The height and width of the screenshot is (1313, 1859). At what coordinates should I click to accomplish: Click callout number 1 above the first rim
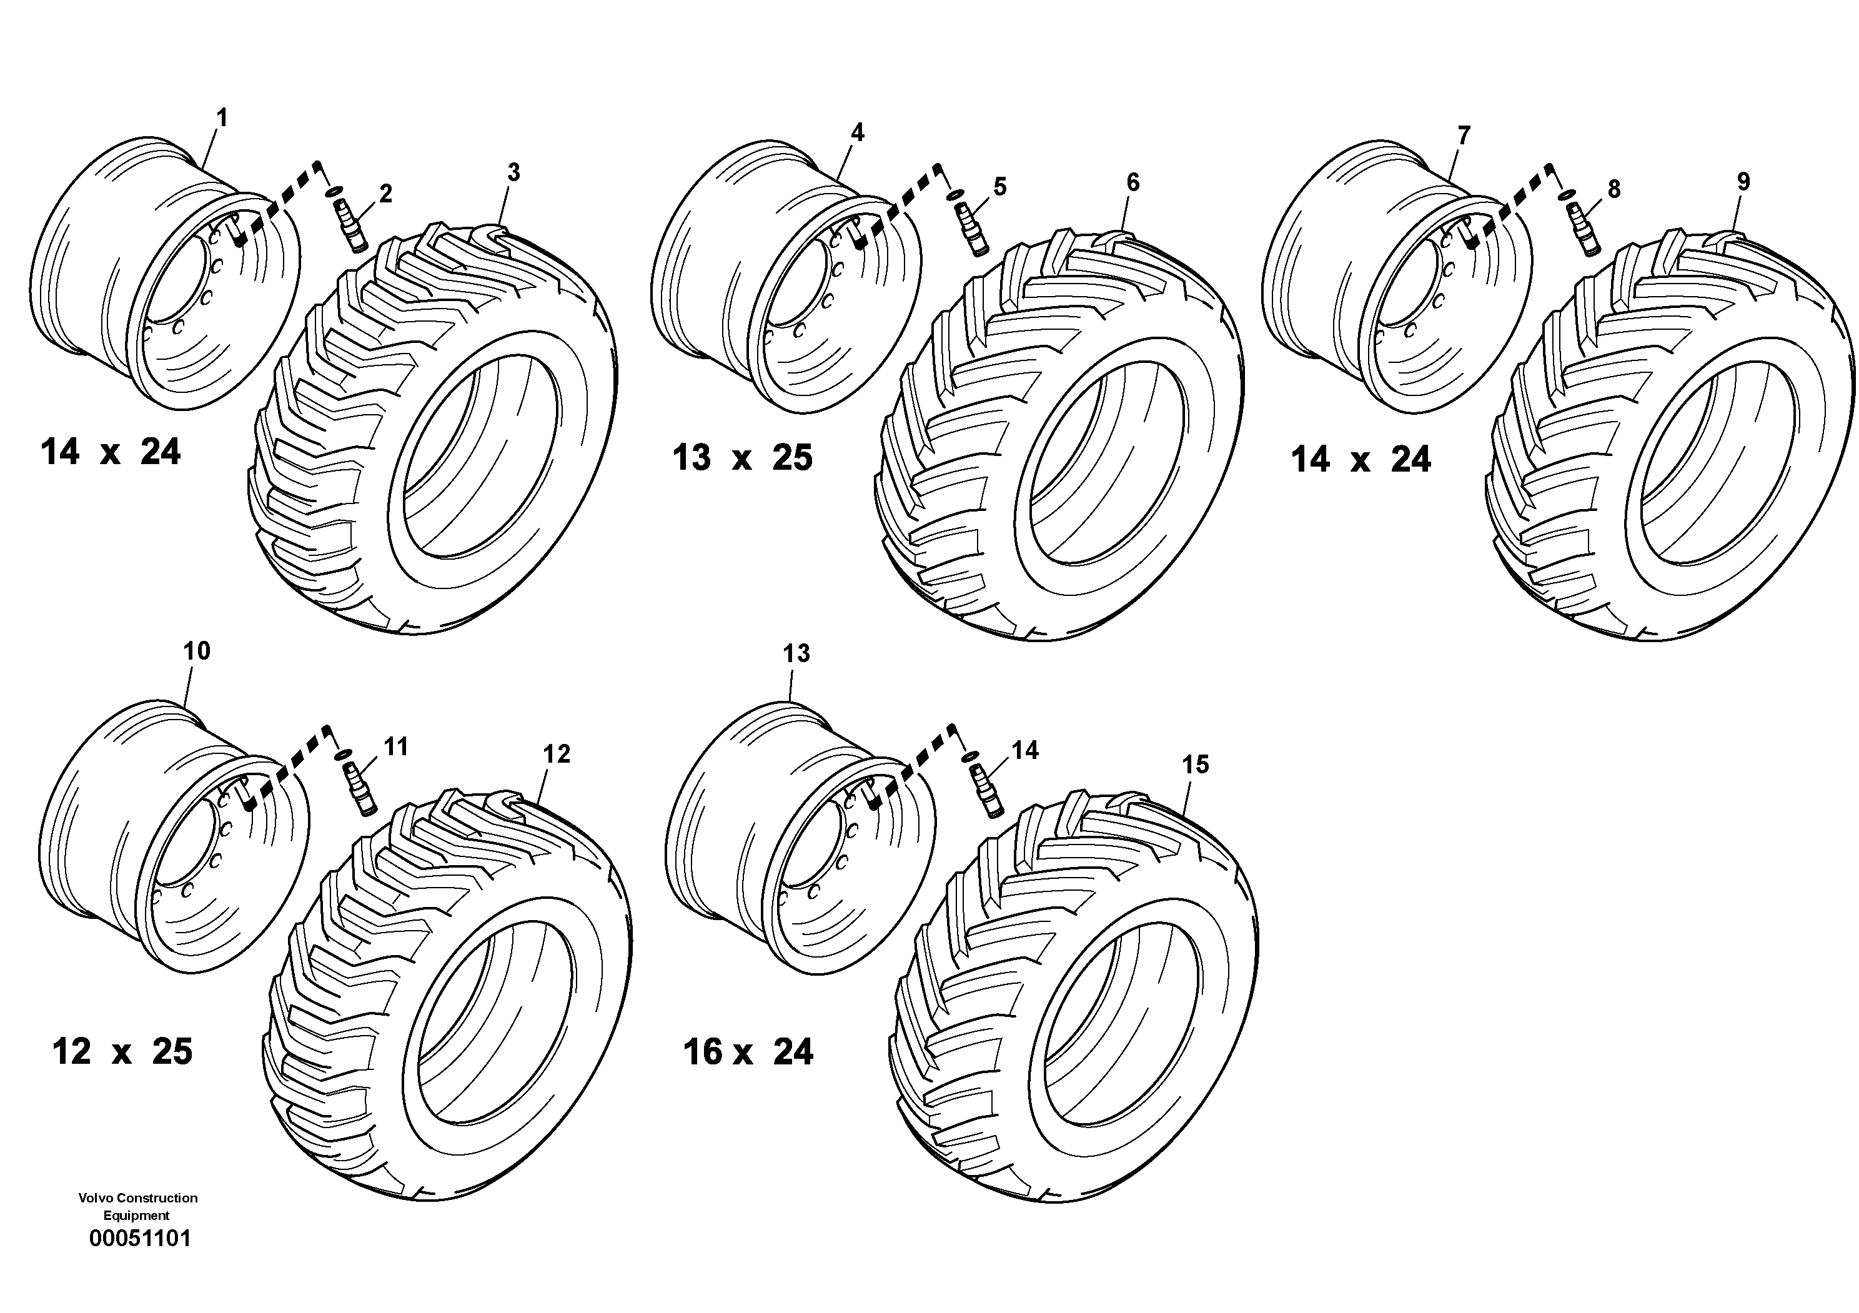click(221, 118)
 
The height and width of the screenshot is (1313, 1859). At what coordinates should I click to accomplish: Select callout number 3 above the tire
click(513, 172)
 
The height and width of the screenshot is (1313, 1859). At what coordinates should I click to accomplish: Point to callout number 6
click(1133, 183)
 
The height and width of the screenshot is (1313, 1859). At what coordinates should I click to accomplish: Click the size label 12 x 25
click(122, 1053)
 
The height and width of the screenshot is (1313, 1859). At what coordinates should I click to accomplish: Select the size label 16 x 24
click(748, 1053)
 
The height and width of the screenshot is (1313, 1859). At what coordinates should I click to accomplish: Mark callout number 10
click(197, 651)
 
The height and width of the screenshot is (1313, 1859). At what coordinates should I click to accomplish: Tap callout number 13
click(796, 653)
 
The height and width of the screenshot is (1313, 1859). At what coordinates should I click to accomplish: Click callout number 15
click(1195, 764)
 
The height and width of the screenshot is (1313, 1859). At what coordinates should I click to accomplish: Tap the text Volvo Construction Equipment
click(137, 1206)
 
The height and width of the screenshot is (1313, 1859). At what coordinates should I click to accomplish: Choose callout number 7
click(1463, 135)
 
